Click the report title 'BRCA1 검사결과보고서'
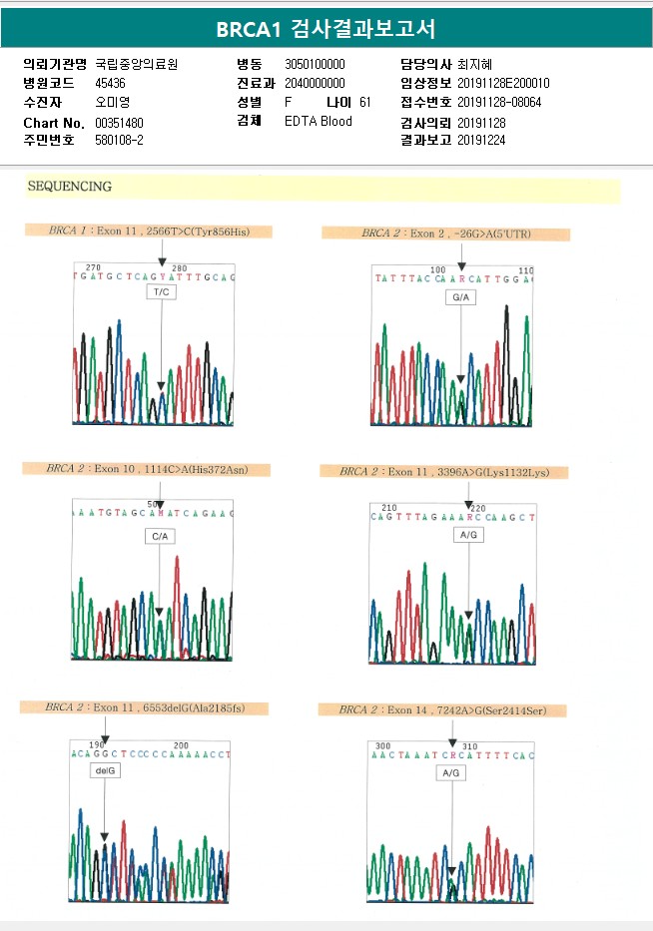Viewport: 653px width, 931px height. click(x=326, y=29)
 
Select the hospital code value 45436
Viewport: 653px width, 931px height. click(x=110, y=84)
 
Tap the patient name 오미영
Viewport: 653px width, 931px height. click(x=112, y=103)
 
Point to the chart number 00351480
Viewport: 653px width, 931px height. click(x=119, y=122)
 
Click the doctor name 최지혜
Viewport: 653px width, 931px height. click(x=474, y=65)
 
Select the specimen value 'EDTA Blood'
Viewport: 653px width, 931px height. click(x=318, y=122)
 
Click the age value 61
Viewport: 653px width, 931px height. click(x=364, y=103)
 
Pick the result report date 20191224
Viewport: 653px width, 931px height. click(x=481, y=141)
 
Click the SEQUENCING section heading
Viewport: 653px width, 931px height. click(x=70, y=187)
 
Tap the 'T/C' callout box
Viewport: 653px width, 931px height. click(x=161, y=292)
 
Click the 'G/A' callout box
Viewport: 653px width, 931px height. click(x=461, y=298)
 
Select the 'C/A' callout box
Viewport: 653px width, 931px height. click(x=160, y=537)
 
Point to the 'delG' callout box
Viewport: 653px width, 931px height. click(x=105, y=771)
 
